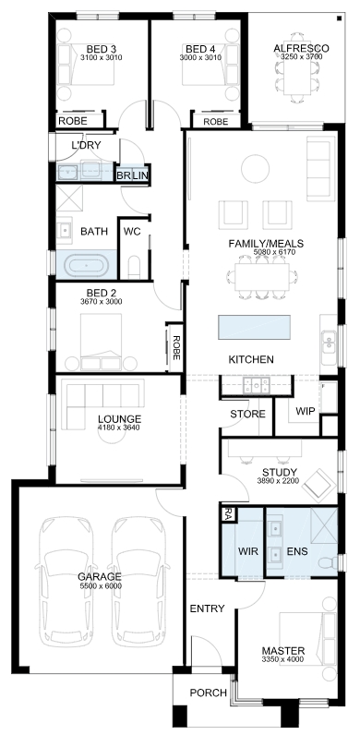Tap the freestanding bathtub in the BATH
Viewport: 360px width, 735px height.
(x=86, y=266)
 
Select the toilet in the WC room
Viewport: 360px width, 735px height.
(x=134, y=267)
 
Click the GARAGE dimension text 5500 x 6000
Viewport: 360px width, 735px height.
(x=100, y=585)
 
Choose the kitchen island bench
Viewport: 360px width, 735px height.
(x=254, y=327)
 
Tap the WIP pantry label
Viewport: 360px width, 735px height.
(x=306, y=411)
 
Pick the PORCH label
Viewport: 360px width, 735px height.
(x=208, y=693)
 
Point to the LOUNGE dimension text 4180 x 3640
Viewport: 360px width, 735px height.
(x=119, y=428)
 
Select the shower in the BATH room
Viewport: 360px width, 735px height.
(x=69, y=198)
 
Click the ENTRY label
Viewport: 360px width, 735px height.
(x=207, y=608)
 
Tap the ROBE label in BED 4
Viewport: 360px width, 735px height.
(x=216, y=121)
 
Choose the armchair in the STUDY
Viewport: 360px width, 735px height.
(x=319, y=484)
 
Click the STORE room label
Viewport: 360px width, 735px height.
(x=247, y=414)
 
